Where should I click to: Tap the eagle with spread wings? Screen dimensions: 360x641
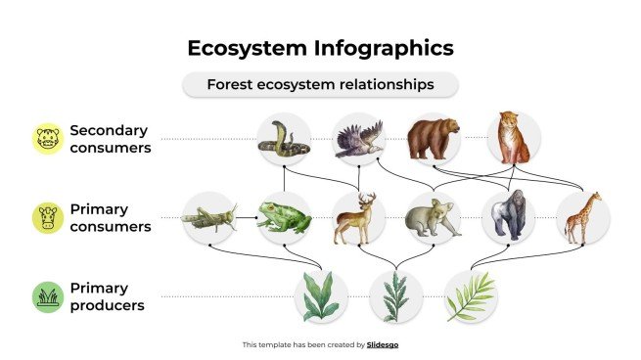point(358,139)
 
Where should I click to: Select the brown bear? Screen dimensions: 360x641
point(434,140)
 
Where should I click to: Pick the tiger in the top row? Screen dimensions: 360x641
point(511,139)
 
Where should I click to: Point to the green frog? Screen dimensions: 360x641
point(284,218)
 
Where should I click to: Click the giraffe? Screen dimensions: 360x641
point(583,217)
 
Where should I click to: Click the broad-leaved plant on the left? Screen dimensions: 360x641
point(321,296)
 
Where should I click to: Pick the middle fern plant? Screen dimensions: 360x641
point(396,296)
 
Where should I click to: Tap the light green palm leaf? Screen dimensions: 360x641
point(471,296)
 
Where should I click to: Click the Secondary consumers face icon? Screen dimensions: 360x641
point(46,139)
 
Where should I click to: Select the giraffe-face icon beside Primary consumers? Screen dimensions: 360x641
point(46,218)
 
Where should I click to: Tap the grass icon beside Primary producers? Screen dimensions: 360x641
point(46,296)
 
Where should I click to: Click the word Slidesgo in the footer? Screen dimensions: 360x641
point(383,344)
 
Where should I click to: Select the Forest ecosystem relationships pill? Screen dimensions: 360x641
point(320,85)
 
